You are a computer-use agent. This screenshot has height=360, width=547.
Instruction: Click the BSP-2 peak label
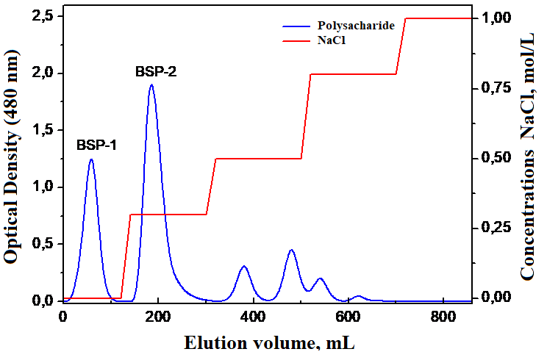click(156, 72)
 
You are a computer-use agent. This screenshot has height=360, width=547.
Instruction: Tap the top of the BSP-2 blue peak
click(151, 84)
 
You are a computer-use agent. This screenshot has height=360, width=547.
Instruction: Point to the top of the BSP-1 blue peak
click(91, 159)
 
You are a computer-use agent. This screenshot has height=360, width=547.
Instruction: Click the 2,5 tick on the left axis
click(41, 16)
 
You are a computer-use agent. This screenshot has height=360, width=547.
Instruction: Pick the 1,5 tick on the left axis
click(41, 130)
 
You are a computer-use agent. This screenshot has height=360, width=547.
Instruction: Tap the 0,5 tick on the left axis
click(41, 244)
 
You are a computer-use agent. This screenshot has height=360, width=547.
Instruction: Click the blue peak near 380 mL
click(244, 266)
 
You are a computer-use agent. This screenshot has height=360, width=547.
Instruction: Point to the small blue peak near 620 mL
click(358, 296)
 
